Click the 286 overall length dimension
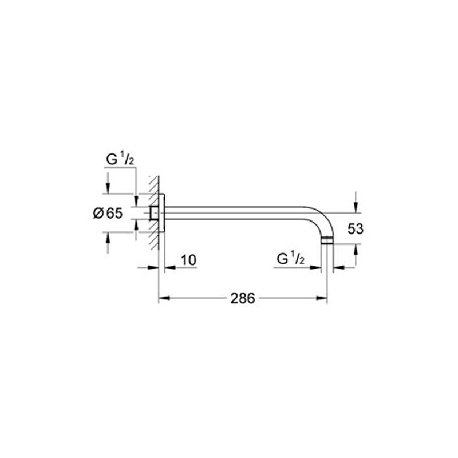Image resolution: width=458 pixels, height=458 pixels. tap(243, 298)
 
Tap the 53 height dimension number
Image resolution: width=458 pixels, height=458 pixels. tap(356, 229)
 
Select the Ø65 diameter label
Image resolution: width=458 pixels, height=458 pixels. tap(108, 213)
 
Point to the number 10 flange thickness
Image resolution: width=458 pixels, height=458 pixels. tap(188, 260)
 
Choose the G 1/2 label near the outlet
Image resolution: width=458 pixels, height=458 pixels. tap(290, 260)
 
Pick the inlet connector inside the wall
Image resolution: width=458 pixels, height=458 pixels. tap(153, 213)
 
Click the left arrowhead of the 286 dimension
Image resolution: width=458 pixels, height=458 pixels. tap(162, 298)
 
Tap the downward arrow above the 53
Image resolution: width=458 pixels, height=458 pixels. tap(356, 207)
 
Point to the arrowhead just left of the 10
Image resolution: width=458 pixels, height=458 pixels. tap(169, 267)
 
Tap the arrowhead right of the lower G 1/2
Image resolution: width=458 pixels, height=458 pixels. tap(337, 267)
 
